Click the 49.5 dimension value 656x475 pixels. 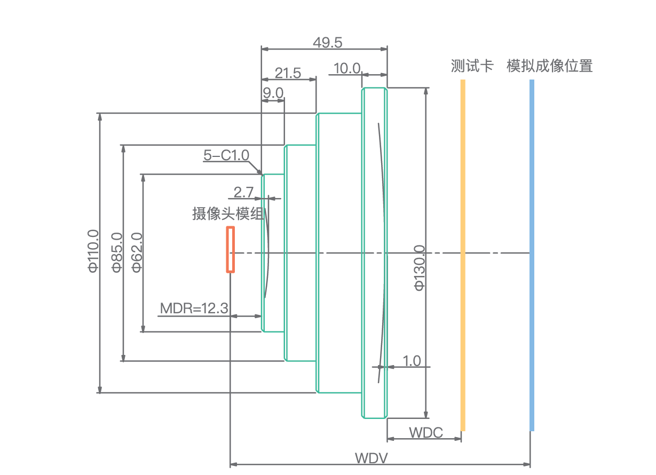point(327,42)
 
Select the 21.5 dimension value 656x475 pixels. point(288,73)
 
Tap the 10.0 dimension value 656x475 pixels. point(347,68)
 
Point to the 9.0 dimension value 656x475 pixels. point(273,93)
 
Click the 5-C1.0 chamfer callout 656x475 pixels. point(226,155)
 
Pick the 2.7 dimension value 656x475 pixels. point(243,192)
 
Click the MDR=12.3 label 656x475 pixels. point(194,308)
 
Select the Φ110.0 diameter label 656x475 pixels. point(93,250)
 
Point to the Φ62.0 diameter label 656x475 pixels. point(137,252)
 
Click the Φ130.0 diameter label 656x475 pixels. point(420,267)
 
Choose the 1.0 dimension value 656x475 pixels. point(412,361)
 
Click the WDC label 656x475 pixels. point(426,432)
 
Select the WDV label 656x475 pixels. point(372,458)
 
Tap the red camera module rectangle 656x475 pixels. point(231,249)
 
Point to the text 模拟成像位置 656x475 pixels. point(550,66)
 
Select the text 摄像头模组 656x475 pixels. point(228,214)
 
